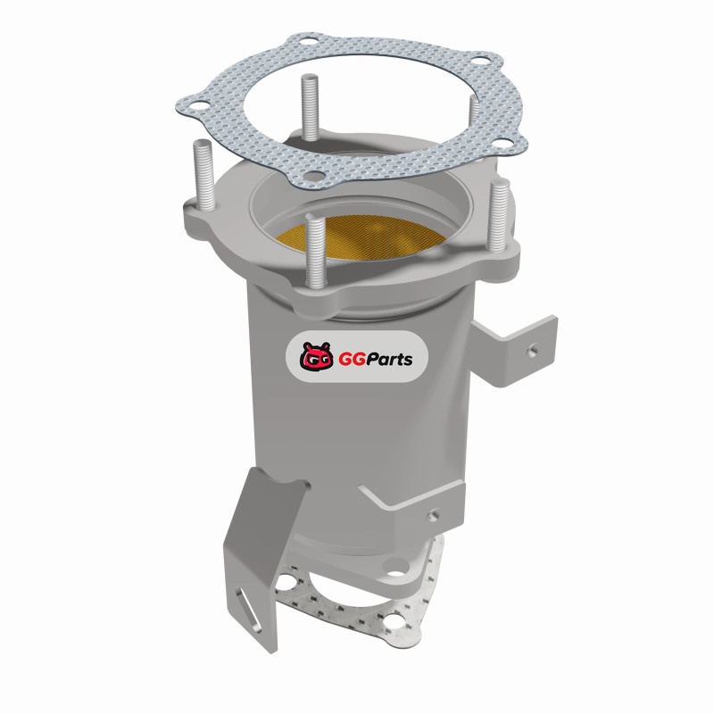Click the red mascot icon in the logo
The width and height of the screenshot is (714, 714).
coord(315,356)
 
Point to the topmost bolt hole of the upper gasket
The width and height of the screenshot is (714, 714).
coord(309,41)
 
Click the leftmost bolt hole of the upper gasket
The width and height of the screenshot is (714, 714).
coord(199,108)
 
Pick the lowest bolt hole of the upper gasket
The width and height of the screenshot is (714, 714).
coord(313,175)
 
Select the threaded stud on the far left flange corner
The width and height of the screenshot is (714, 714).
coord(203,176)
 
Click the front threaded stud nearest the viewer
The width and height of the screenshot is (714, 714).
coord(316,250)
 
